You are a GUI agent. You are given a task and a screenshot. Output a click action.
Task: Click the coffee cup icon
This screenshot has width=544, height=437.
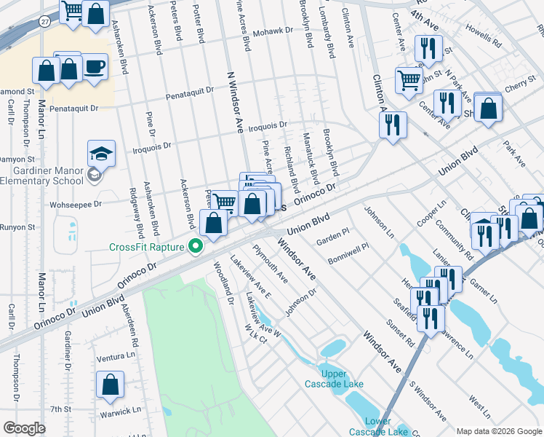coord(95,68)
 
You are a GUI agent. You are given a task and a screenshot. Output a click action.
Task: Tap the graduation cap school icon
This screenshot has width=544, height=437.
coord(102,154)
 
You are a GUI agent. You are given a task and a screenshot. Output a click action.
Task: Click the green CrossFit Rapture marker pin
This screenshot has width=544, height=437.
coord(195,248)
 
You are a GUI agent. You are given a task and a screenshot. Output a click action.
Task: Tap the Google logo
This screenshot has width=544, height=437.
coord(24,428)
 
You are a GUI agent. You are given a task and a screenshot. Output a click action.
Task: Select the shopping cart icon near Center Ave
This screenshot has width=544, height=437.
coord(409,79)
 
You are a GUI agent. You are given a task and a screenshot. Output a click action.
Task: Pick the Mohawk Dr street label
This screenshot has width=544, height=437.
coord(273,32)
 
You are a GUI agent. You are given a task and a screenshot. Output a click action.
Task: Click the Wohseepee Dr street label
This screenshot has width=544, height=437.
coord(76,205)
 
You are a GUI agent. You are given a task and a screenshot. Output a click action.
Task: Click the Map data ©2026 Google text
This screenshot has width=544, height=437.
coord(498,430)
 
